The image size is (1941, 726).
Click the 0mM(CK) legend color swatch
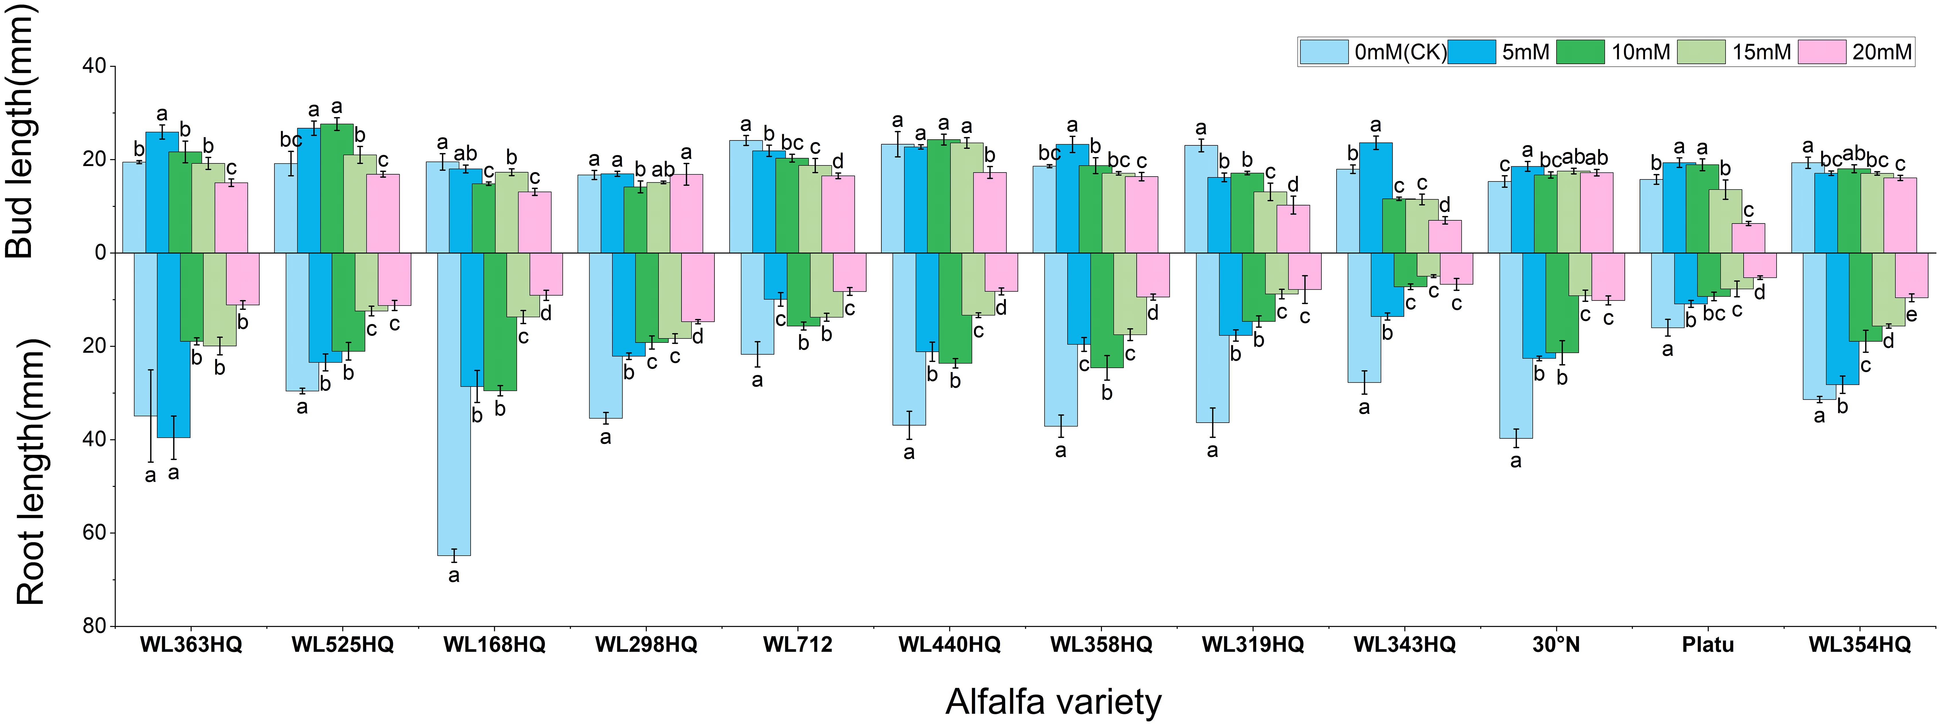(x=1323, y=52)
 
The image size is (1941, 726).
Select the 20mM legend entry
(x=1881, y=52)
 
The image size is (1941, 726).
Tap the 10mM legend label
(x=1640, y=52)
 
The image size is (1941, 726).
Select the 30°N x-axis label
(x=1555, y=645)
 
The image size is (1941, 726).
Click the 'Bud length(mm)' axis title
(x=21, y=132)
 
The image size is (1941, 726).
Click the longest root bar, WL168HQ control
(x=454, y=407)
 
